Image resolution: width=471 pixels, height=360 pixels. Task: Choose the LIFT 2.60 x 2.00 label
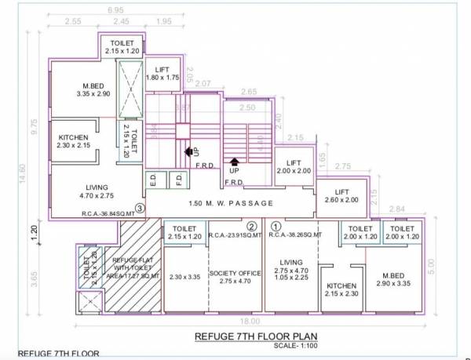341,195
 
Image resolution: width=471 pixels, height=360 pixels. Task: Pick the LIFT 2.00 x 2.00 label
294,166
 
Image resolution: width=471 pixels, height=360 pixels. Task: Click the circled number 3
140,209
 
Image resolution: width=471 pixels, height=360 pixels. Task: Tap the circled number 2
251,227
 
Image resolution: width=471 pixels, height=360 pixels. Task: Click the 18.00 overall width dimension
250,321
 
